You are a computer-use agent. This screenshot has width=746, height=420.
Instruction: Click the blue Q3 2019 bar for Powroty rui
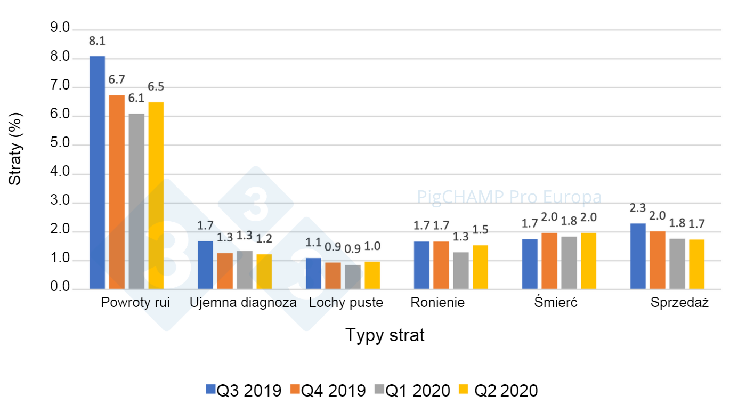pos(97,173)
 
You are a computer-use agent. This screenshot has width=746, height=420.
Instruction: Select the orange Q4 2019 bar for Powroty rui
pos(117,192)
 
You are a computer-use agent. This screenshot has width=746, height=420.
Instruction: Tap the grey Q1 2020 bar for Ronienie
pos(461,271)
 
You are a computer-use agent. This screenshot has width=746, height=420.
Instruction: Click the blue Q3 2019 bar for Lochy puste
pos(313,273)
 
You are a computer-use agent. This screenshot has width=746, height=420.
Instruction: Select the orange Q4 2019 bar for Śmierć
pos(549,261)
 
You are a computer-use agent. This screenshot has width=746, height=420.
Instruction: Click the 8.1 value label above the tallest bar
pos(97,41)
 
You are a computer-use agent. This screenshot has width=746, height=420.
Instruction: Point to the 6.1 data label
pos(136,98)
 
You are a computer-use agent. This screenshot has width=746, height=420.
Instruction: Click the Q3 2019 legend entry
pos(244,391)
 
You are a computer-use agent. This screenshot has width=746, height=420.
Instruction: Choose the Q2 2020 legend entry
pos(498,391)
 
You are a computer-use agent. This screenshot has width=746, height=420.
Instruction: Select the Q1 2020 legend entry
pos(413,391)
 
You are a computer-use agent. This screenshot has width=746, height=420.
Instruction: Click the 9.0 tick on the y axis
pos(60,29)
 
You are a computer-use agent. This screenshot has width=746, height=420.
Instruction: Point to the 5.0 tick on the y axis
pos(60,144)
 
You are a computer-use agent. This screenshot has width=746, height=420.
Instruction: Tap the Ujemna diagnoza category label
pos(244,303)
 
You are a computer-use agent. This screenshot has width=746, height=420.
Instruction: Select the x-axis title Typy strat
pos(385,335)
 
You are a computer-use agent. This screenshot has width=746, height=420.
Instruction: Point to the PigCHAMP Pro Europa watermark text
pos(509,198)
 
